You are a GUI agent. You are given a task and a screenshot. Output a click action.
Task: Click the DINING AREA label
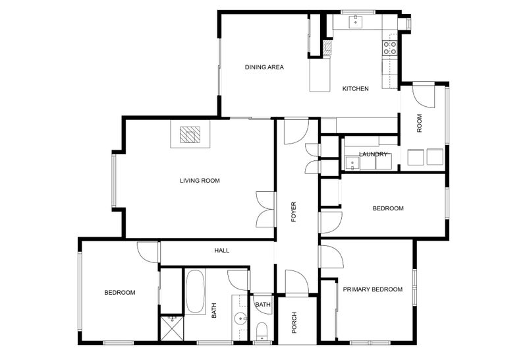tap(264, 67)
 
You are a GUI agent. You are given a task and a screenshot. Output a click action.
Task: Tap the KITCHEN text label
tap(355, 89)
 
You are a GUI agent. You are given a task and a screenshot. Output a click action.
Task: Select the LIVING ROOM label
tap(200, 181)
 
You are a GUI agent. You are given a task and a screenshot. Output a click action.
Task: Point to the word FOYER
tap(294, 212)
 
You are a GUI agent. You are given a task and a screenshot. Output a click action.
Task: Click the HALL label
tap(222, 251)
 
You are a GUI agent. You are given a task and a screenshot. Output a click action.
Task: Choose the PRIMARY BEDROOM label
tap(372, 289)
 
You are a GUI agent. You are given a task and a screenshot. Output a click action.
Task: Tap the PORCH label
tap(294, 322)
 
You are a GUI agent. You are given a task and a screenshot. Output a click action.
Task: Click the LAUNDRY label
tap(373, 154)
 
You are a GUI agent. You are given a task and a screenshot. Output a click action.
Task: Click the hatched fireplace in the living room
tap(190, 135)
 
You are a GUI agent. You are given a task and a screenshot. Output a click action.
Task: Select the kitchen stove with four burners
tap(389, 47)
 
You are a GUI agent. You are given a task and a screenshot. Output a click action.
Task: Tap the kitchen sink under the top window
tap(355, 22)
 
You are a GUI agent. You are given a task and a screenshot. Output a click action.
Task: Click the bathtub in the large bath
tap(195, 291)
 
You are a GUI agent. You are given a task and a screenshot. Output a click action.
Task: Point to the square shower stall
tap(172, 328)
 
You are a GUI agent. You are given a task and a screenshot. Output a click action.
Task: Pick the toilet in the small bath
tap(261, 332)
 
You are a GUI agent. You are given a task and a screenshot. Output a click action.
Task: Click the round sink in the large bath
tap(240, 318)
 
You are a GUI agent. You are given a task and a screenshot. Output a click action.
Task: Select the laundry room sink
tap(352, 163)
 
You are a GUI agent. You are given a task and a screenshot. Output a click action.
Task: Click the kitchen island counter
tap(320, 75)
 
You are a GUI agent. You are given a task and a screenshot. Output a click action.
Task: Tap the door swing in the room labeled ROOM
tap(424, 97)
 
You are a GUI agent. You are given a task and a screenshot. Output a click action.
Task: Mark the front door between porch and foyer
tap(297, 282)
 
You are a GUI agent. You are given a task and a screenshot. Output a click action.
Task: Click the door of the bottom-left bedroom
tap(148, 252)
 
